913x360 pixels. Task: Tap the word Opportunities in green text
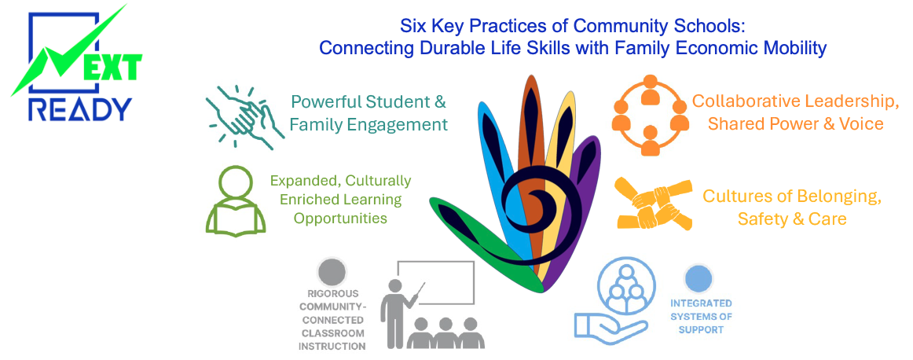[x=340, y=218]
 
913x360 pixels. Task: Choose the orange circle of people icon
[x=648, y=113]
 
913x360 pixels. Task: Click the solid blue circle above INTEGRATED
[x=698, y=278]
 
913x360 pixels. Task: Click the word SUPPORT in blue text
[x=701, y=329]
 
